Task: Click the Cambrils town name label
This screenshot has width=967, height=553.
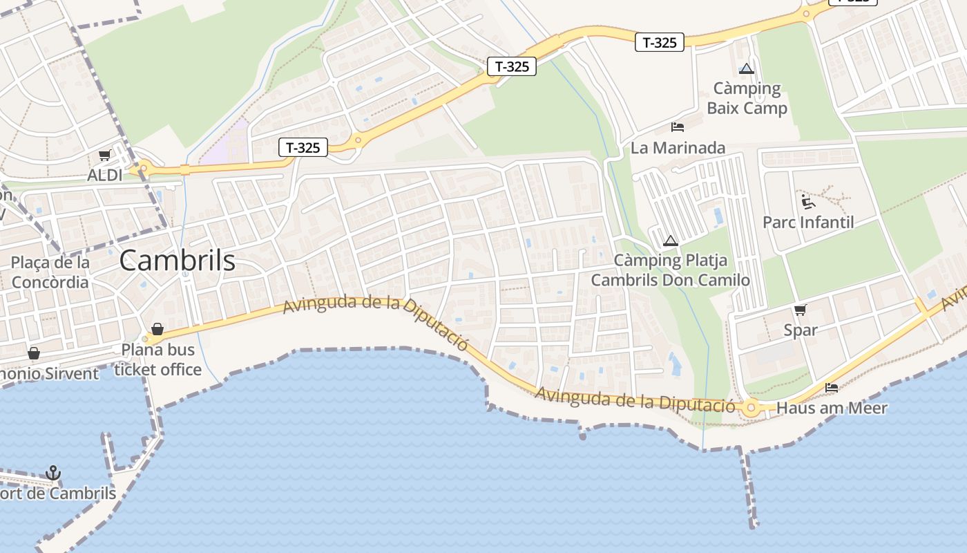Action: point(178,261)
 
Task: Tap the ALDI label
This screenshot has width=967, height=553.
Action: point(105,175)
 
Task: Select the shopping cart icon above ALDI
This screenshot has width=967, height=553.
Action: point(104,156)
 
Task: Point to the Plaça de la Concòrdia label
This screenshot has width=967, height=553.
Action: point(50,272)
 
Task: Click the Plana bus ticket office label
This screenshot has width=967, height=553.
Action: point(158,359)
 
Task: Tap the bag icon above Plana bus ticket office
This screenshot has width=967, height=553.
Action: point(157,329)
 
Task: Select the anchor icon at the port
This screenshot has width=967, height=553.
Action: point(52,473)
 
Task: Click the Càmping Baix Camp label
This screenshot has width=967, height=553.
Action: point(747,98)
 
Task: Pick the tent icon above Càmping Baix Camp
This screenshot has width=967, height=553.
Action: point(746,68)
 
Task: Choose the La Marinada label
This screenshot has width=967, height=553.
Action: point(678,147)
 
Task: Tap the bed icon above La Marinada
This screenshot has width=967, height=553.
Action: point(678,127)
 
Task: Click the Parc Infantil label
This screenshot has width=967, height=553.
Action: point(808,222)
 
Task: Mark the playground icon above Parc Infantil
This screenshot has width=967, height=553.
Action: point(807,202)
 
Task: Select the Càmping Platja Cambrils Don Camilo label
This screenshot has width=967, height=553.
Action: point(670,270)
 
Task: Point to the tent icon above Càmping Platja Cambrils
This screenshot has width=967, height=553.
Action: point(669,241)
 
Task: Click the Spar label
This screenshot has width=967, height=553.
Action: point(801,330)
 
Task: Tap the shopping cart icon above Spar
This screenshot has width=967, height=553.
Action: point(801,310)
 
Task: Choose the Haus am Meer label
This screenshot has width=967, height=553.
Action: point(832,408)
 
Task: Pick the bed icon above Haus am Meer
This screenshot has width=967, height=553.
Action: point(832,388)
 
